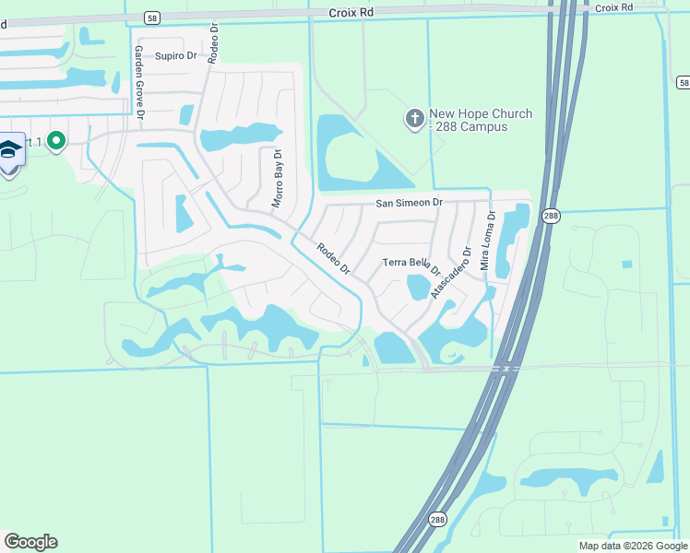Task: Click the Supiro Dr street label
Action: [x=175, y=56]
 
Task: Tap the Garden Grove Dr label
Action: [x=139, y=82]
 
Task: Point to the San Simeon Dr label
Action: [x=409, y=202]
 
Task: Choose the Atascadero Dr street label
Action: [x=450, y=267]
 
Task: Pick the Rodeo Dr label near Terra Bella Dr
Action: [x=333, y=258]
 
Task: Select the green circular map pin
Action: [x=56, y=141]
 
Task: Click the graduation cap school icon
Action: [x=10, y=148]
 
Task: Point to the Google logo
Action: [x=30, y=542]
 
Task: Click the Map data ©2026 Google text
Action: [x=633, y=546]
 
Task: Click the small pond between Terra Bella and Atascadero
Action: [x=418, y=288]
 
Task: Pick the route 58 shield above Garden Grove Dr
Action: [x=151, y=17]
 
